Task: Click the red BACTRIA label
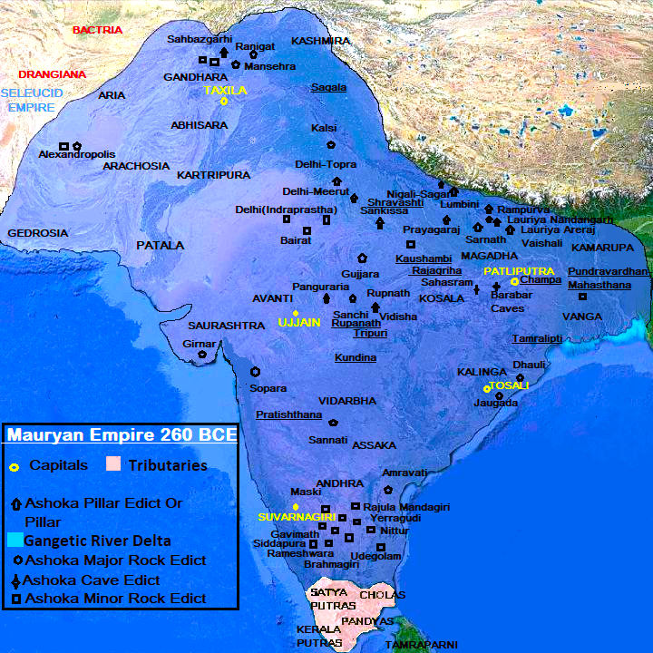click(97, 30)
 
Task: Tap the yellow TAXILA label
click(225, 90)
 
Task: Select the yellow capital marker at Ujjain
click(296, 313)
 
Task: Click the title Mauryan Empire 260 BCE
click(122, 435)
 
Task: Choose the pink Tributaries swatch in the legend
click(112, 464)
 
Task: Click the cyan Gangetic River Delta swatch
click(14, 541)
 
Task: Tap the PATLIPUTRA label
click(519, 271)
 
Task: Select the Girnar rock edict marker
click(202, 355)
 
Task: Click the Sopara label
click(268, 387)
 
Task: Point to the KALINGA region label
click(481, 372)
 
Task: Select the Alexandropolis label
click(77, 155)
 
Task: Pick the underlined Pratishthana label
click(288, 414)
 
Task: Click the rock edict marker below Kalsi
click(331, 144)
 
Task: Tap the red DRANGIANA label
click(53, 74)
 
